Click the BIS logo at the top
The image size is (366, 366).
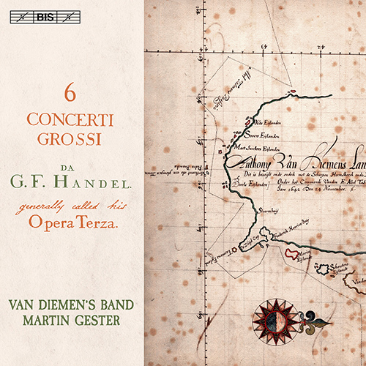tap(71, 13)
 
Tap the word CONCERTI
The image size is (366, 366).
tap(71, 116)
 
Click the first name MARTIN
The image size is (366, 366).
tap(45, 318)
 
